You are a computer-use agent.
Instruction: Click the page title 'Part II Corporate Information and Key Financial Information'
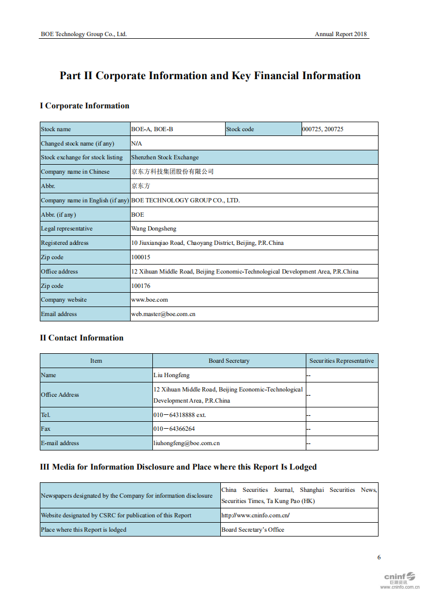[210, 76]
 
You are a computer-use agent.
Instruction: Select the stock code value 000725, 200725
[323, 129]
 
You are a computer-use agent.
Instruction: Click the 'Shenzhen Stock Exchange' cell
[165, 157]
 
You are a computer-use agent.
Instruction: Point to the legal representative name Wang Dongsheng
[153, 228]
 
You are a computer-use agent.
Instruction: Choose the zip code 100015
[141, 257]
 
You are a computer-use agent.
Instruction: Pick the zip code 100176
[141, 286]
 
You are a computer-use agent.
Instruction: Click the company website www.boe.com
[149, 300]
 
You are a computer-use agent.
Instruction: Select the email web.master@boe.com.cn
[163, 314]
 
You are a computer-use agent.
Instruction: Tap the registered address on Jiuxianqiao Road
[207, 243]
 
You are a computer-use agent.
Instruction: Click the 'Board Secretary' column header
[229, 361]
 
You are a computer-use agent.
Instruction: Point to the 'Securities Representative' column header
[341, 361]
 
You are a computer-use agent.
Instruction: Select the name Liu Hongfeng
[171, 375]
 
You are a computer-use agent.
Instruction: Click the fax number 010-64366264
[174, 429]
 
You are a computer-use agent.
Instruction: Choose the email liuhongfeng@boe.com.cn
[186, 443]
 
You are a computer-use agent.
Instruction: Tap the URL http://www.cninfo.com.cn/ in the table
[255, 515]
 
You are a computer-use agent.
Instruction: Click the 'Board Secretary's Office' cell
[253, 530]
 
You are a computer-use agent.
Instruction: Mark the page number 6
[379, 557]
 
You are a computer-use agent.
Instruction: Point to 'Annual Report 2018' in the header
[340, 34]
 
